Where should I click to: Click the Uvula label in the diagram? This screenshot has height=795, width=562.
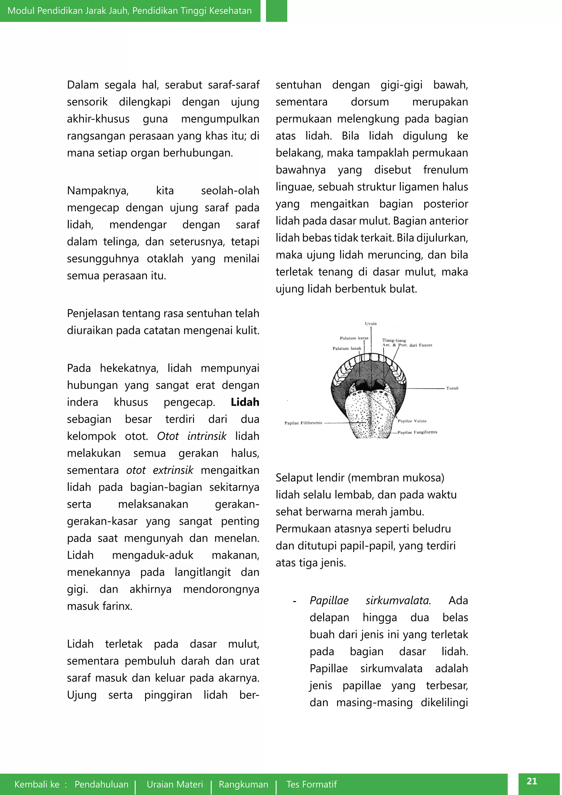tap(371, 323)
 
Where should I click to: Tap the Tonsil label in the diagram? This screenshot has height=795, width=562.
tap(452, 388)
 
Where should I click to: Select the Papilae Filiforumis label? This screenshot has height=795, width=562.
tap(303, 423)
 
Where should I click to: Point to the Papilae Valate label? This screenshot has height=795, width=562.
tap(412, 421)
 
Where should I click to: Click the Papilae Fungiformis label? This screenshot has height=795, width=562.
tap(417, 432)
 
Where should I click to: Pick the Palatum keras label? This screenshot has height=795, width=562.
tap(354, 338)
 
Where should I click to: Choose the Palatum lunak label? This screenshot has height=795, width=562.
tap(347, 348)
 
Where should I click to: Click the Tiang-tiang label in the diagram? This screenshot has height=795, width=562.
tap(394, 340)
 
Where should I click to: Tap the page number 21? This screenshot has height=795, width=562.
tap(532, 781)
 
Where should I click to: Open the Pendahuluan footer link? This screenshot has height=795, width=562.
tap(101, 784)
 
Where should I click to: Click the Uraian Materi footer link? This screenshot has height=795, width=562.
tap(175, 784)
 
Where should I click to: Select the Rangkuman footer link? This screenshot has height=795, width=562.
tap(243, 784)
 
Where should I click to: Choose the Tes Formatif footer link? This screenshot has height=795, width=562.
tap(311, 784)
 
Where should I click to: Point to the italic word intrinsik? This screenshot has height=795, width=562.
tap(207, 436)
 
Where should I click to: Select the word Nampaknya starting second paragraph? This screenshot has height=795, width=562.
tap(98, 191)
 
